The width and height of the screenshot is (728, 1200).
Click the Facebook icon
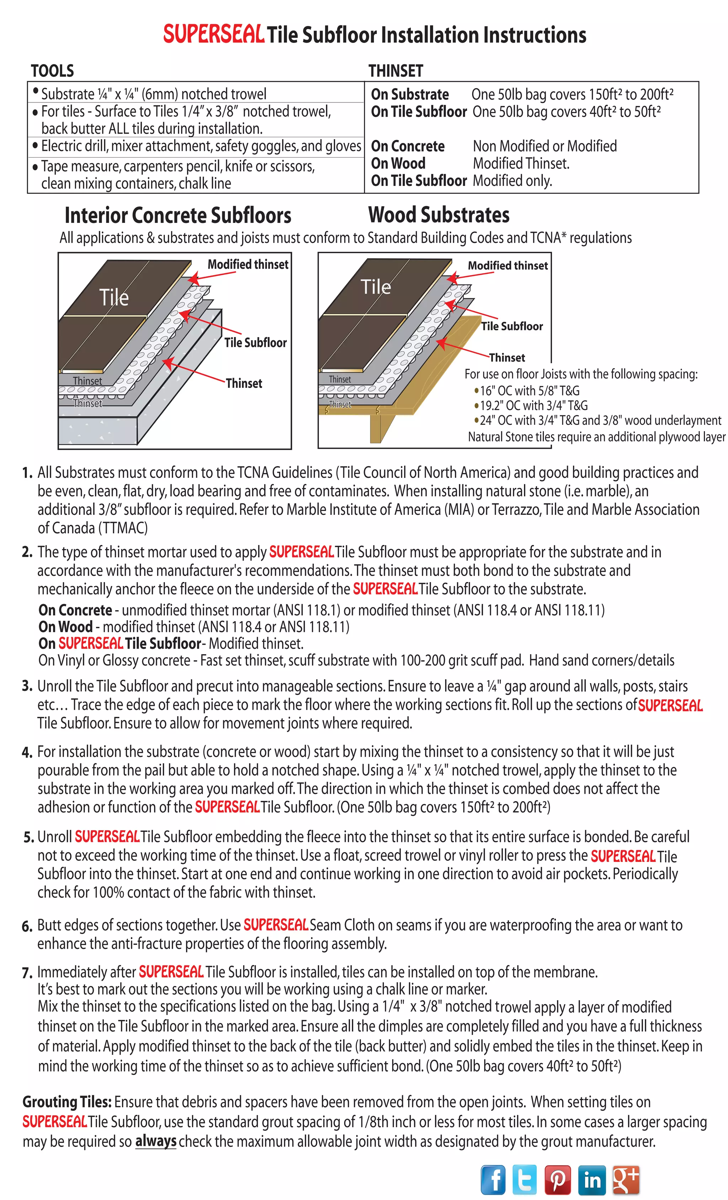coord(493,1179)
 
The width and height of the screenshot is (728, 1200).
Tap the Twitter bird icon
coord(524,1179)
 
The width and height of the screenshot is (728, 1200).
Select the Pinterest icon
coord(558,1179)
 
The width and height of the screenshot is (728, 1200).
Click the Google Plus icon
coord(626,1179)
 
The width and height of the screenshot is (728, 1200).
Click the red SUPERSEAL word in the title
coord(213,34)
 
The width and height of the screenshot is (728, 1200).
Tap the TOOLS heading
coord(52,71)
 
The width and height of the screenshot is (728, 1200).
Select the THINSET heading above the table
coord(395,71)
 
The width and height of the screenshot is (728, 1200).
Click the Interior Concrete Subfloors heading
coord(178,215)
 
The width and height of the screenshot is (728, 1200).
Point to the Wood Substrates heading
coord(439,215)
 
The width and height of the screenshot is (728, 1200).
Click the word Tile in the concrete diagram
coord(114,297)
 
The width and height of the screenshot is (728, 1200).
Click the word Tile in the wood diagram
coord(375,287)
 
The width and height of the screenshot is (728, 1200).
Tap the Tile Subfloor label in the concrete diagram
coord(255,342)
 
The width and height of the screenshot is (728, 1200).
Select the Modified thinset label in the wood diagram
coord(507,265)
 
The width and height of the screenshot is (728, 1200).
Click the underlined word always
coord(155,1141)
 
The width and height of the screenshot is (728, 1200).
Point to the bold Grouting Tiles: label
coord(67,1102)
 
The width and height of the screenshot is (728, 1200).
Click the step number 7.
coord(27,972)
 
